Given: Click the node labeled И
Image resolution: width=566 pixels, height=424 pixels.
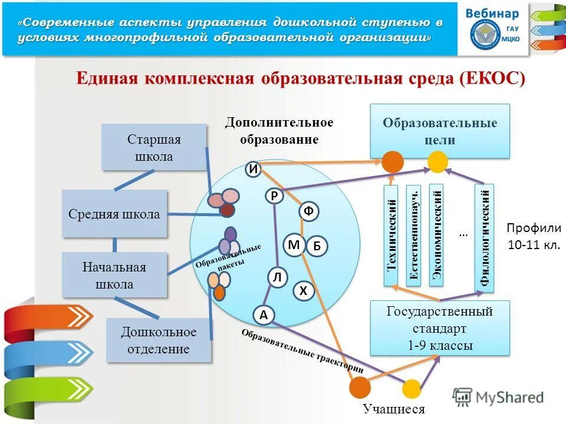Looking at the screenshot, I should click(x=253, y=169).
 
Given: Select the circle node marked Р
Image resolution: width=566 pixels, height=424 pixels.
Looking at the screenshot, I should click(x=274, y=196).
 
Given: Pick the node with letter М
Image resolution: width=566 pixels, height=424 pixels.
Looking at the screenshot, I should click(x=294, y=244).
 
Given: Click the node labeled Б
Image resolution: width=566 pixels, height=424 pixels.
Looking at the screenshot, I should click(x=317, y=247).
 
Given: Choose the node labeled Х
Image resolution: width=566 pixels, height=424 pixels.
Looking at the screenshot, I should click(x=303, y=290).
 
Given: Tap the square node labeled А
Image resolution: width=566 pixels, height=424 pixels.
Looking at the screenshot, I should click(x=264, y=316).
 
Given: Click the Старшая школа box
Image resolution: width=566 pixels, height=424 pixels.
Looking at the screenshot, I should click(x=154, y=147).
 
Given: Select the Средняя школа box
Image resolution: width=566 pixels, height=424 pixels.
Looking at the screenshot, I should click(x=114, y=214).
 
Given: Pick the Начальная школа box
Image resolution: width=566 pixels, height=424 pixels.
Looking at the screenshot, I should click(x=114, y=275).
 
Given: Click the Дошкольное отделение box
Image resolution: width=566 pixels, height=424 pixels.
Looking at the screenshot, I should click(x=159, y=340).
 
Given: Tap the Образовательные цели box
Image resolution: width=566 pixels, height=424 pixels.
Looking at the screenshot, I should click(x=439, y=131).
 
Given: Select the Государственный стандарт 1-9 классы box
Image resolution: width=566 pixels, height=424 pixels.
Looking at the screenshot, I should click(x=439, y=327).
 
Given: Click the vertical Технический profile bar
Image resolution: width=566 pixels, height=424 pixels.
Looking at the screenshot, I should click(x=391, y=236).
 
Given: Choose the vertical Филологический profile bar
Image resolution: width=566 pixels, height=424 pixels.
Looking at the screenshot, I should click(x=485, y=238).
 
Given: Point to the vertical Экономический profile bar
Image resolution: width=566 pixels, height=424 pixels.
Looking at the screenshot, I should click(x=436, y=236).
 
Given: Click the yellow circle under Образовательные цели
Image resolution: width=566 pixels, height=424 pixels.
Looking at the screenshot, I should click(x=437, y=161).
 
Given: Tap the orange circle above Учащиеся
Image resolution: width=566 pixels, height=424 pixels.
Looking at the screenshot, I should click(x=360, y=386).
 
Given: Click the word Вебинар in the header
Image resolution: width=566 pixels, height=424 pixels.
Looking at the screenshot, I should click(x=493, y=14).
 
